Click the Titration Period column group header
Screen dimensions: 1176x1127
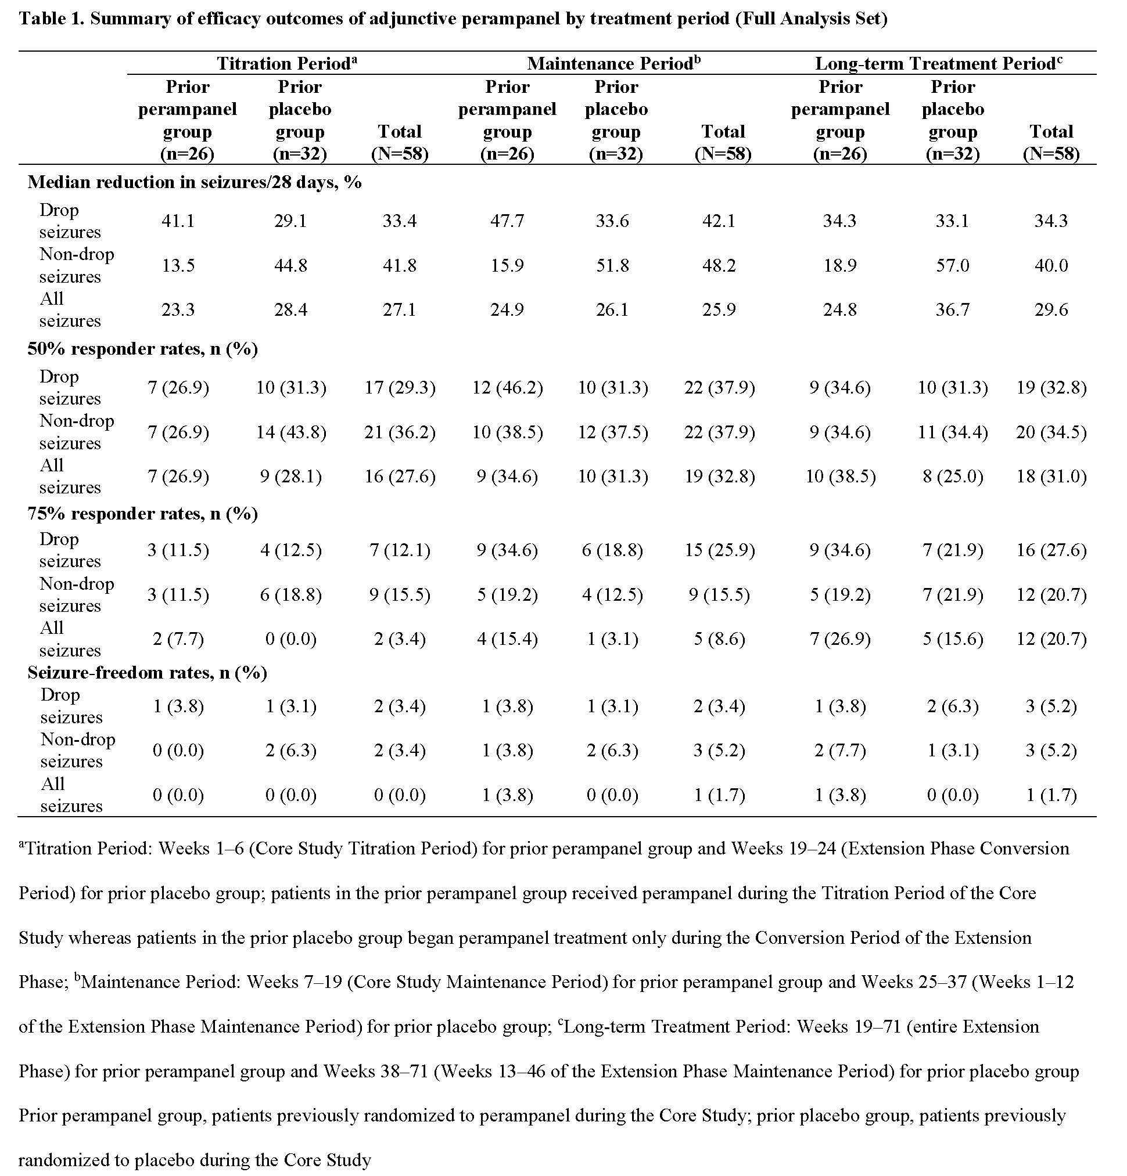[x=287, y=64]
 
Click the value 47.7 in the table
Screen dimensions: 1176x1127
[x=507, y=221]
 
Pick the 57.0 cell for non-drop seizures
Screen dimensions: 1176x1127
[x=952, y=265]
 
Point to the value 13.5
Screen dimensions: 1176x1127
[x=178, y=265]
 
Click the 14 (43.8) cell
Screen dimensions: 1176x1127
[x=291, y=432]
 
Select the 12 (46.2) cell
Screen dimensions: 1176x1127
[x=507, y=388]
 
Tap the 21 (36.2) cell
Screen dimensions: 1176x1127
[x=400, y=432]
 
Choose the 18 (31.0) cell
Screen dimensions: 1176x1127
[x=1051, y=477]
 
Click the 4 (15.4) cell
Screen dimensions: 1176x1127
[x=507, y=639]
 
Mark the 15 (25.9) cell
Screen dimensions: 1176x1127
[x=719, y=550]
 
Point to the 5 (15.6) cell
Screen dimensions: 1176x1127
[x=952, y=639]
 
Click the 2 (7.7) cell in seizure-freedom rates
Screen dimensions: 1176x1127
[x=840, y=751]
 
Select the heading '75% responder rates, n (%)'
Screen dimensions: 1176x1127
[x=143, y=514]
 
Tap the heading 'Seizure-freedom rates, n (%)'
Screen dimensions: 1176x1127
[x=147, y=673]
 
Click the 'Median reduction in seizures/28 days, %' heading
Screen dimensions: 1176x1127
[x=195, y=182]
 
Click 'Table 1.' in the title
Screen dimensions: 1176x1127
[x=52, y=19]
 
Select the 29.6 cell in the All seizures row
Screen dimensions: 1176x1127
[x=1051, y=309]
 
